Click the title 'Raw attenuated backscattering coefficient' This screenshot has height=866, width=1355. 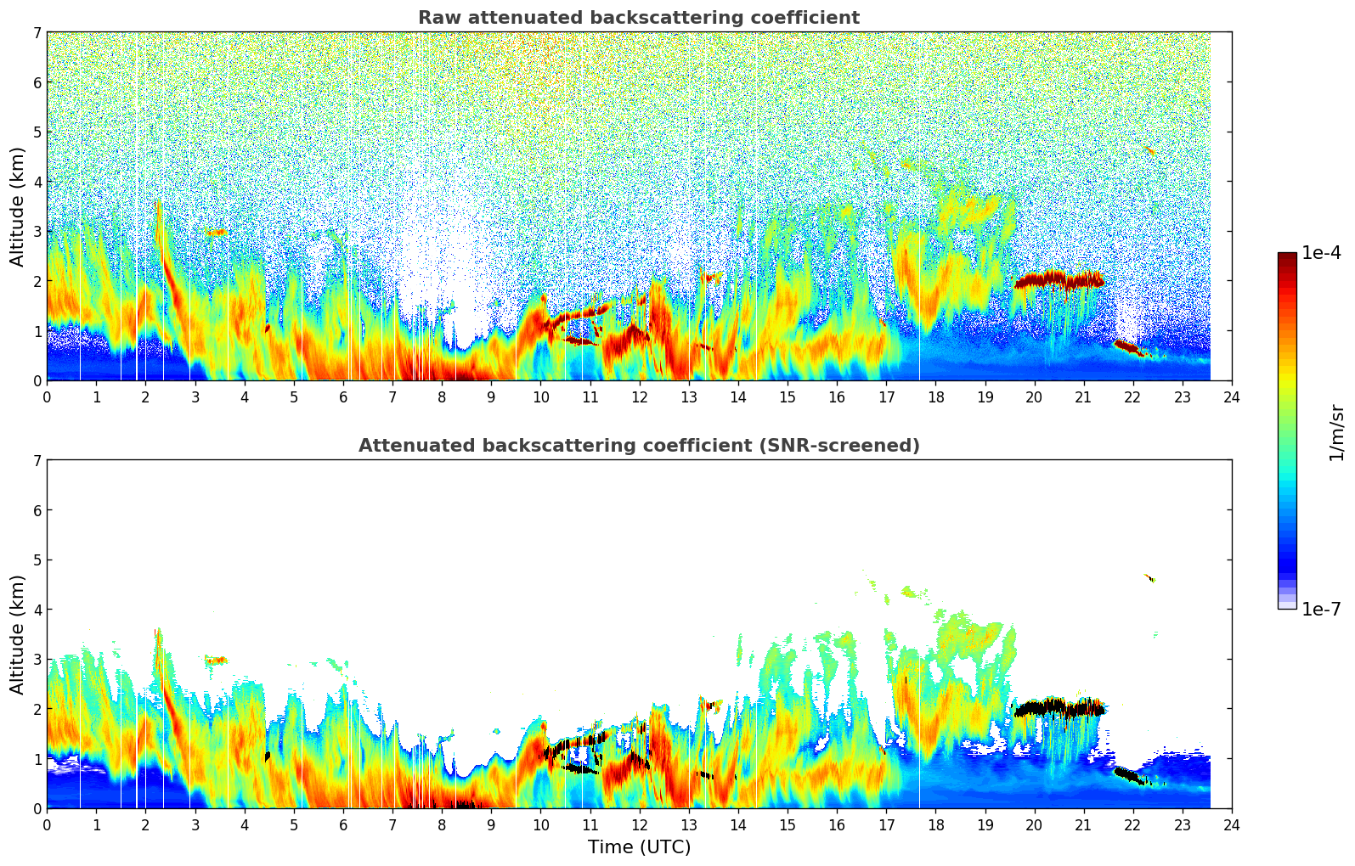coord(638,18)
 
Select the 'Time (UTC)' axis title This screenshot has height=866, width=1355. coord(639,846)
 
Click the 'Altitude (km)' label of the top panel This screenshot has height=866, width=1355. coord(17,206)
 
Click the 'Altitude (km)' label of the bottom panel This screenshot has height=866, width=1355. coord(17,634)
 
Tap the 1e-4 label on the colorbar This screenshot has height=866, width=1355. coord(1321,253)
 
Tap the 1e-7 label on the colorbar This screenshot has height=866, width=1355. coord(1321,609)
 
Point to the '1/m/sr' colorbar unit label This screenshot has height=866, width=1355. coord(1336,431)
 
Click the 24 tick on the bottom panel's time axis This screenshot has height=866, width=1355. coord(1231,824)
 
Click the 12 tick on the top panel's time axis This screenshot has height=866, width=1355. coord(639,396)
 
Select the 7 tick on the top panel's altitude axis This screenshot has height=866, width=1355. coord(37,33)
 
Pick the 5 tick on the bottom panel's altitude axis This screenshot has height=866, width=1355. coord(37,560)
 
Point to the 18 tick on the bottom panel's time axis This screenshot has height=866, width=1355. coord(935,824)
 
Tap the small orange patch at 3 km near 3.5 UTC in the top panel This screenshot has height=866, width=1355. coord(216,232)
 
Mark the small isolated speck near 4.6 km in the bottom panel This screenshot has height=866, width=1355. coord(1150,578)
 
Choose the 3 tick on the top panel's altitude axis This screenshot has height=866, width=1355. coord(37,232)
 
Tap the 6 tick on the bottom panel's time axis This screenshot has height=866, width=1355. coord(343,824)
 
